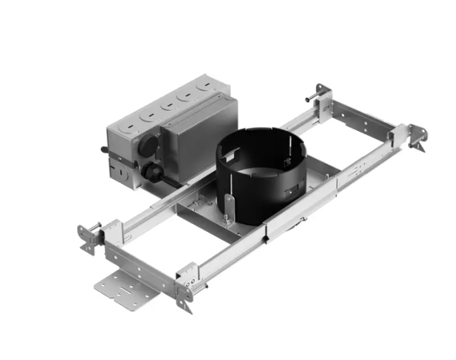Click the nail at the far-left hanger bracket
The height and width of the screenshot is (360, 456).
click(93, 227)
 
